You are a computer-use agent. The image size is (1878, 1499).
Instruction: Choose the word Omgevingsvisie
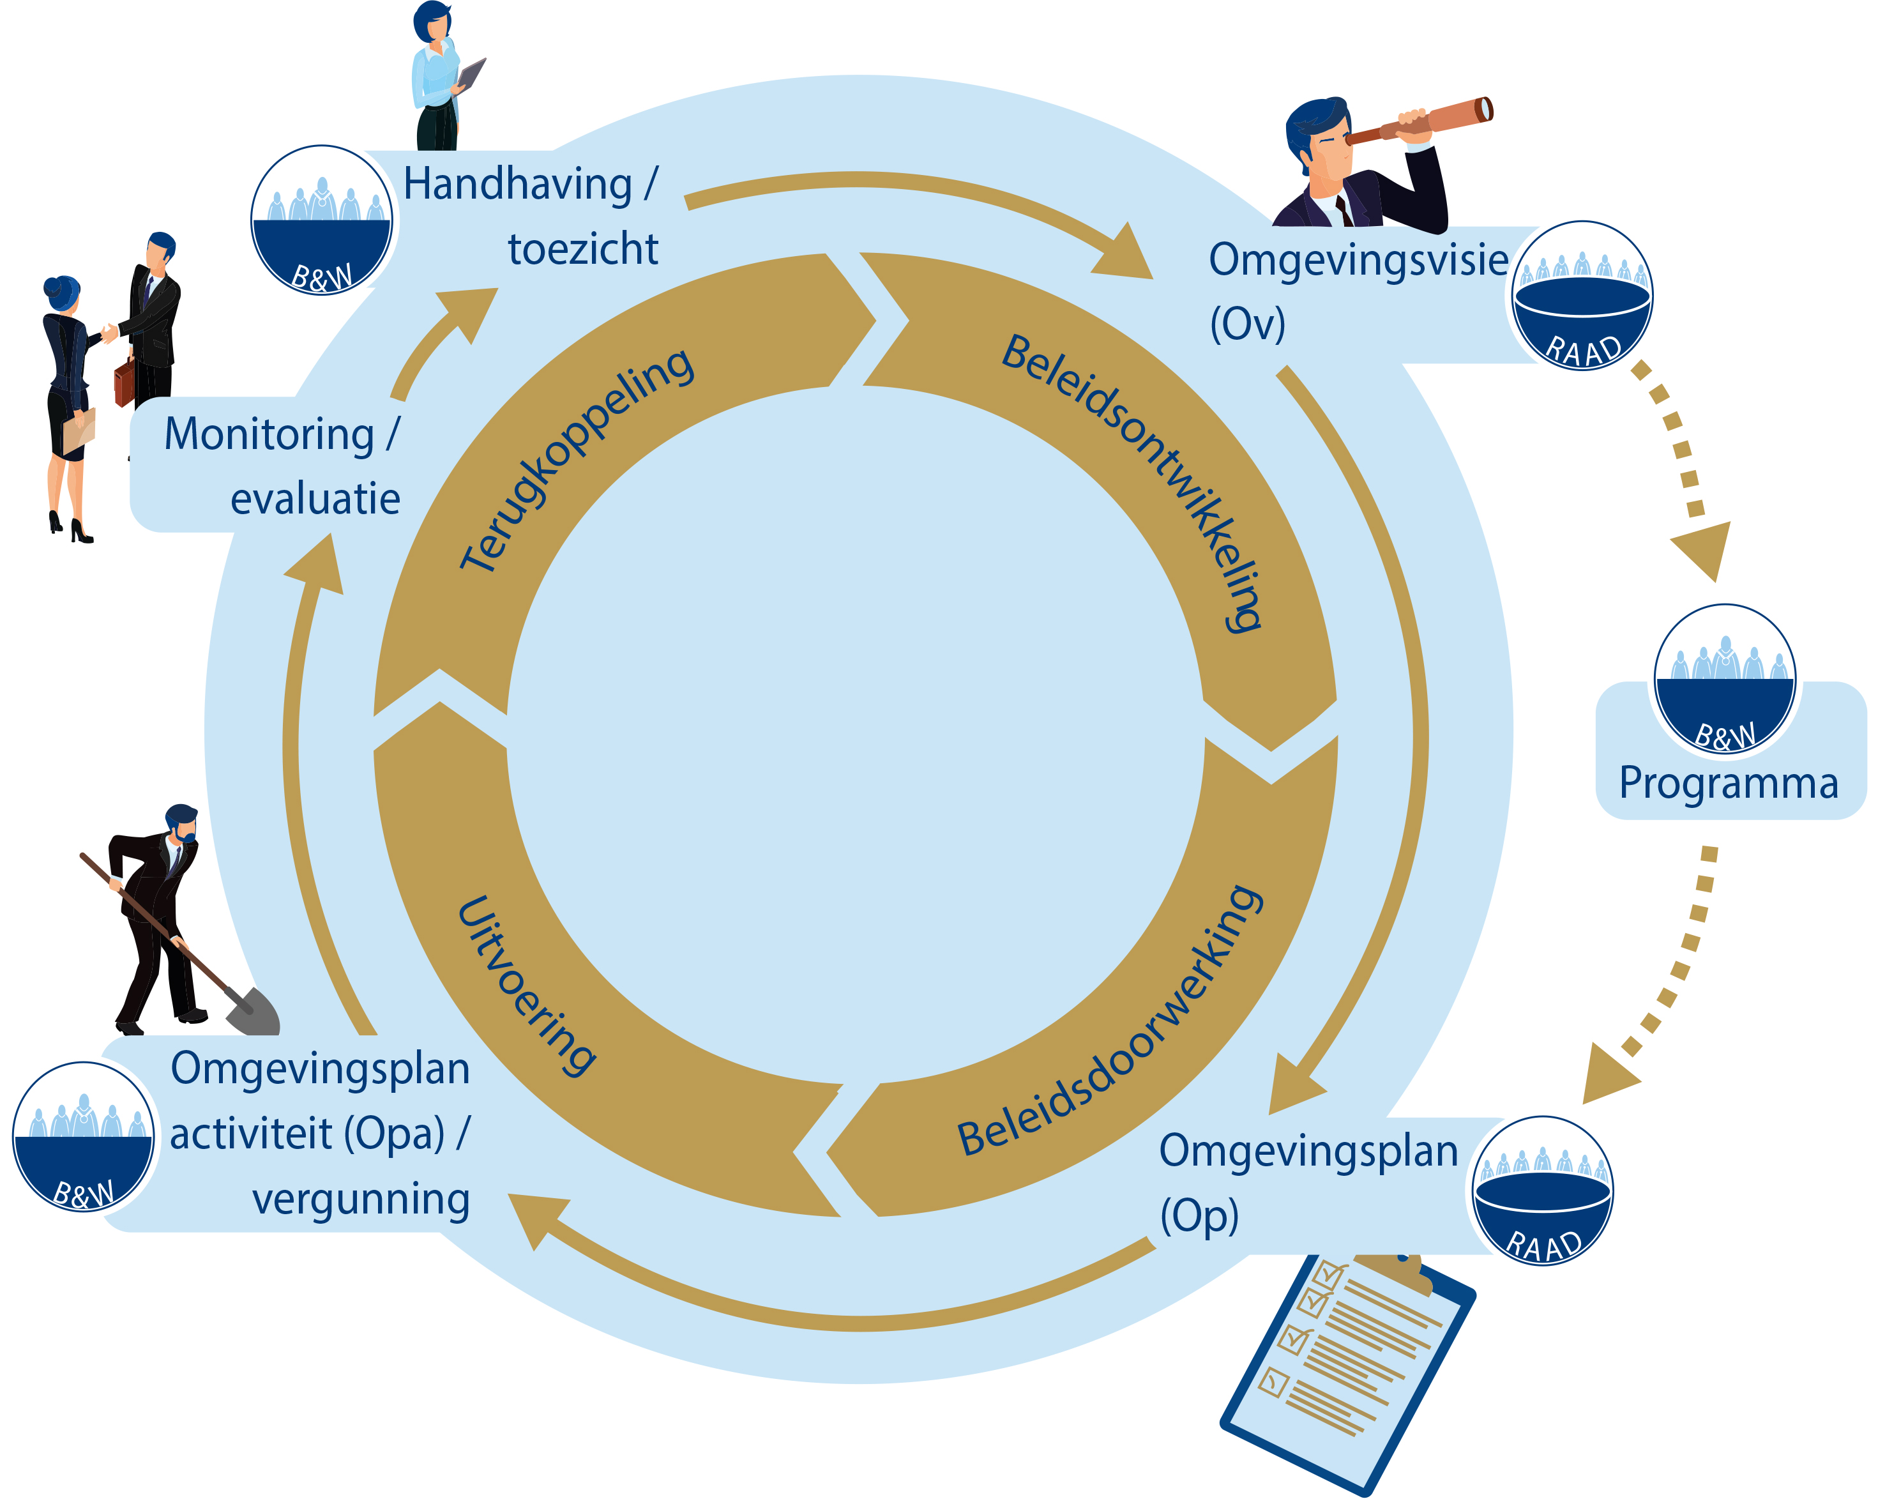pyautogui.click(x=1358, y=259)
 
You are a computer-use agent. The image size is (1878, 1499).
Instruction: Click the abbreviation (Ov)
pyautogui.click(x=1247, y=324)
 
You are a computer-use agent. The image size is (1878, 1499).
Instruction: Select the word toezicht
pyautogui.click(x=583, y=249)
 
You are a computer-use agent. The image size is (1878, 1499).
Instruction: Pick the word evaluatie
pyautogui.click(x=315, y=499)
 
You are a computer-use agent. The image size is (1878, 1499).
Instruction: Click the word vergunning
pyautogui.click(x=361, y=1199)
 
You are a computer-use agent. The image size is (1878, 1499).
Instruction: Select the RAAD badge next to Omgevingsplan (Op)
pyautogui.click(x=1541, y=1190)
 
